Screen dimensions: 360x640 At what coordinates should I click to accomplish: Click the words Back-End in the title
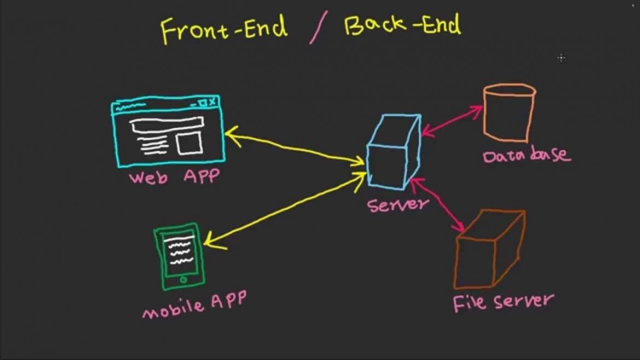click(402, 25)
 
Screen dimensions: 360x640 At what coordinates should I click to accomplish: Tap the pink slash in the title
click(317, 30)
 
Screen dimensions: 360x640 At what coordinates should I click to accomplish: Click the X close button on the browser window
click(212, 102)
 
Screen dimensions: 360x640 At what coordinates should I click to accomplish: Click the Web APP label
click(174, 177)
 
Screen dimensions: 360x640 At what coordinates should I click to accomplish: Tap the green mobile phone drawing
click(179, 256)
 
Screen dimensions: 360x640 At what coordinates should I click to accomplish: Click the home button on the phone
click(183, 279)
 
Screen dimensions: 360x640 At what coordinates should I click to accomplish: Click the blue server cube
click(393, 152)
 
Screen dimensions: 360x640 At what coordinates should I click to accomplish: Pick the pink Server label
click(398, 204)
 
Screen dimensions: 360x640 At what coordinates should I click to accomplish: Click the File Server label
click(503, 301)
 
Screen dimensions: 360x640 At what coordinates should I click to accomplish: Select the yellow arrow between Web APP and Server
click(295, 147)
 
